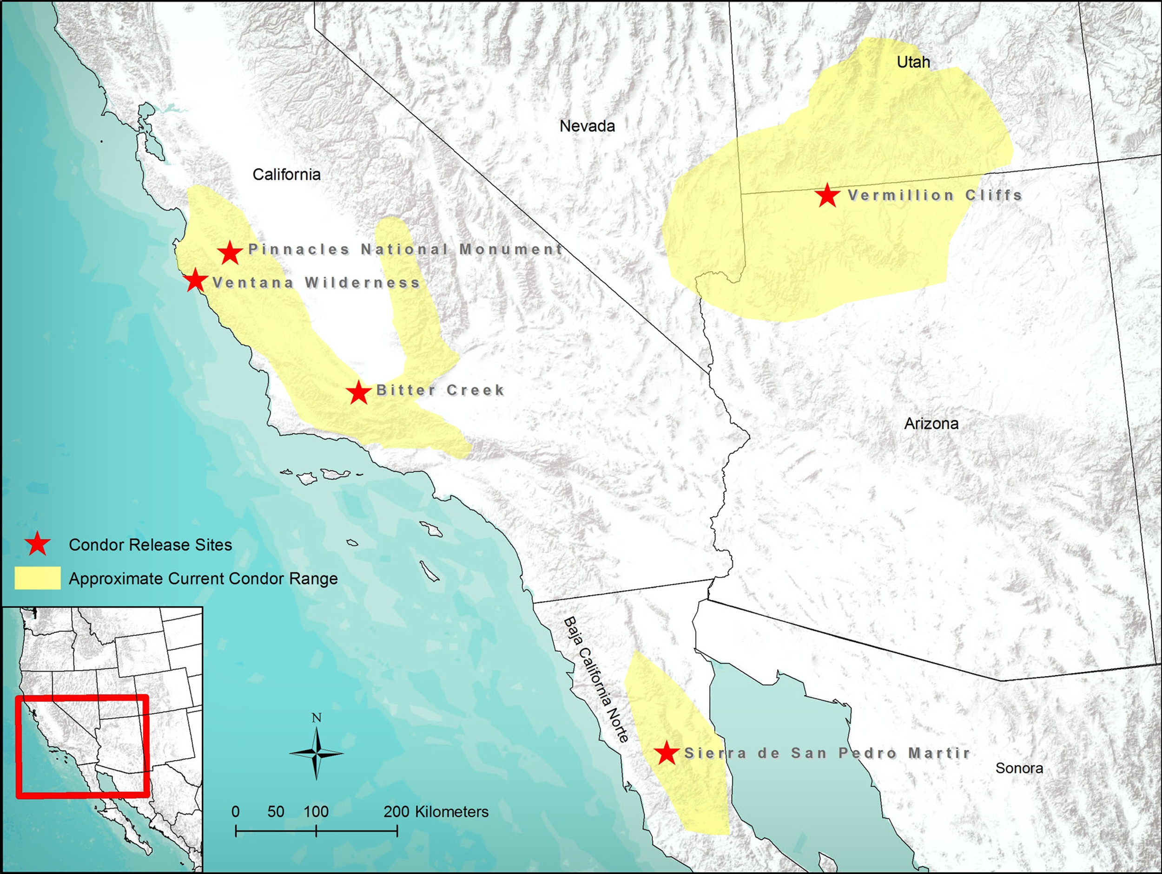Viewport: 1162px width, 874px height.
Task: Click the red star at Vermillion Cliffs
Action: pyautogui.click(x=827, y=196)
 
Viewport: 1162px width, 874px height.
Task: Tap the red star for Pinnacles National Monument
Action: pyautogui.click(x=230, y=253)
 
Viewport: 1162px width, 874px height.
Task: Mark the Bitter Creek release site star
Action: pyautogui.click(x=359, y=392)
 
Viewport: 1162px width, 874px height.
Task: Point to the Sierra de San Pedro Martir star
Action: pyautogui.click(x=667, y=753)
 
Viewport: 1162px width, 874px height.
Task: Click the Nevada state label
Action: pyautogui.click(x=587, y=126)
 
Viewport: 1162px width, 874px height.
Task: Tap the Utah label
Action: pyautogui.click(x=913, y=62)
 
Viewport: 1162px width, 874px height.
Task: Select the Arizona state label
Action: pyautogui.click(x=931, y=424)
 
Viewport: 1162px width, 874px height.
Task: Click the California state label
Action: pyautogui.click(x=286, y=174)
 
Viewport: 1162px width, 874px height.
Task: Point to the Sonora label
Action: pyautogui.click(x=1019, y=769)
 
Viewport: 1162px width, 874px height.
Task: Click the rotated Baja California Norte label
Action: pyautogui.click(x=596, y=680)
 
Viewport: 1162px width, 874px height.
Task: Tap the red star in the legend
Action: pyautogui.click(x=37, y=544)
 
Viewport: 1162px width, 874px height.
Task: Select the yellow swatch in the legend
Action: pyautogui.click(x=37, y=578)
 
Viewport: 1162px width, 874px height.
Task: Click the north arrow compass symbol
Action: pyautogui.click(x=316, y=753)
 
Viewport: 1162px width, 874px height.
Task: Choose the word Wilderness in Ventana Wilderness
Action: pyautogui.click(x=363, y=283)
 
